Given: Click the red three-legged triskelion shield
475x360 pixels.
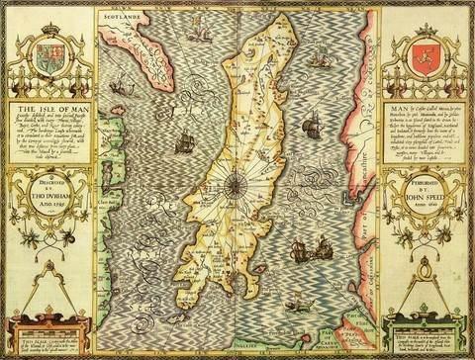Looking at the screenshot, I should [x=429, y=51].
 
